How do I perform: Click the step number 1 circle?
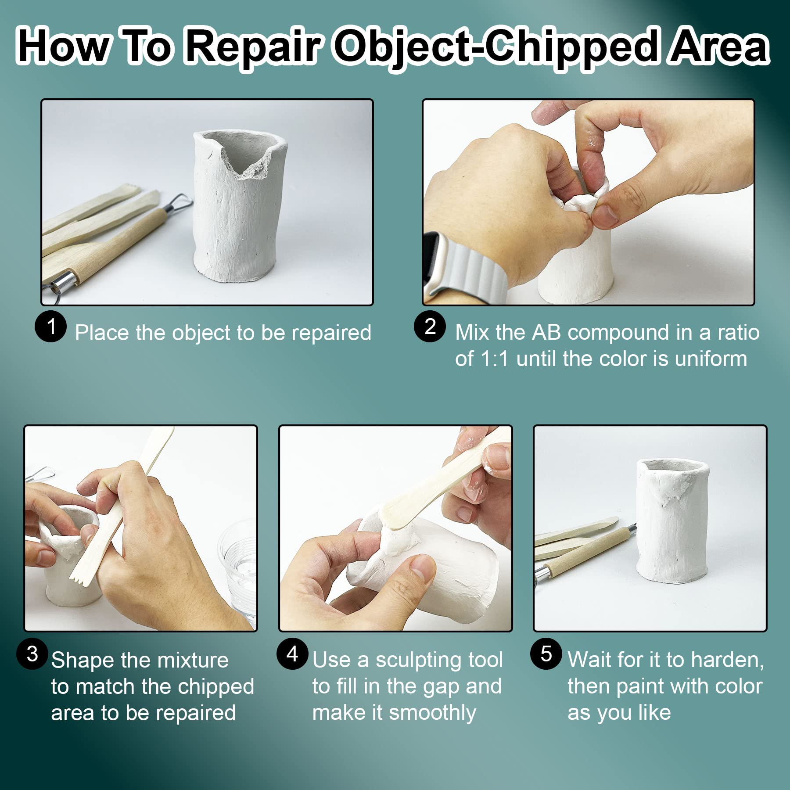[51, 326]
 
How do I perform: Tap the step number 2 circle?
[430, 326]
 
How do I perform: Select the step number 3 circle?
[32, 654]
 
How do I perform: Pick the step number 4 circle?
[292, 654]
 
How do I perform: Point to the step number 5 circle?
[546, 654]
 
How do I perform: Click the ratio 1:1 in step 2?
[495, 359]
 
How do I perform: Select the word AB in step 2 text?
[546, 332]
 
